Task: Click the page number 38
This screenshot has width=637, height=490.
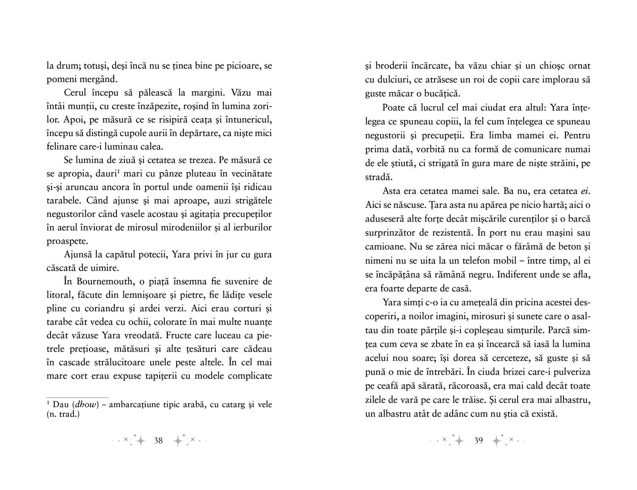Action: (x=158, y=440)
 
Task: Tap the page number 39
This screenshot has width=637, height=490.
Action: (x=478, y=440)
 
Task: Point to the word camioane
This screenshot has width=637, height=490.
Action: (x=383, y=247)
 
